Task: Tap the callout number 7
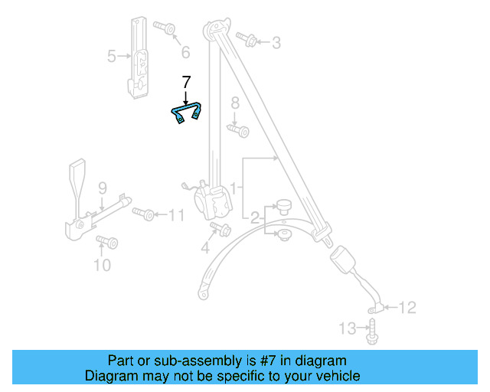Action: point(185,81)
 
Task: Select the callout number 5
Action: point(111,55)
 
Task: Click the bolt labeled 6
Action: point(165,28)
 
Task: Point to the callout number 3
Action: point(276,41)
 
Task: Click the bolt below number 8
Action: point(239,131)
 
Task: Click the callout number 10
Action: point(101,266)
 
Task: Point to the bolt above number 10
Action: point(106,243)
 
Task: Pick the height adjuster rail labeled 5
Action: point(139,57)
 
